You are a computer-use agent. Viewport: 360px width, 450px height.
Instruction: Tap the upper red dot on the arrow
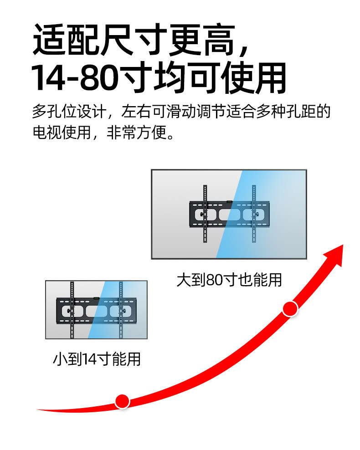[x=290, y=309]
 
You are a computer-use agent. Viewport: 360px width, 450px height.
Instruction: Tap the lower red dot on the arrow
[x=122, y=401]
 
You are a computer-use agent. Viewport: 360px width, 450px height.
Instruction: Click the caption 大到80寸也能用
[x=229, y=279]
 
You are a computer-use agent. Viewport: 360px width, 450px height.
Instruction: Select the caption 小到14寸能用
[x=97, y=359]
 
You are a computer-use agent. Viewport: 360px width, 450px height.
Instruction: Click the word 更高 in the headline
[x=202, y=41]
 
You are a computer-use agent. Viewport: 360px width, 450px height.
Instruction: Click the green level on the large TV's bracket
[x=229, y=201]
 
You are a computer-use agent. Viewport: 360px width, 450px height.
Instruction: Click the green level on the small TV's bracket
[x=96, y=298]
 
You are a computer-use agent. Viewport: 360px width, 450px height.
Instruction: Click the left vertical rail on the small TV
[x=72, y=310]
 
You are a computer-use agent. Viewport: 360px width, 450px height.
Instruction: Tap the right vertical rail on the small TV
[x=121, y=310]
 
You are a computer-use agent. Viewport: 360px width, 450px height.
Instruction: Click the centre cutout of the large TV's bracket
[x=229, y=215]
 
